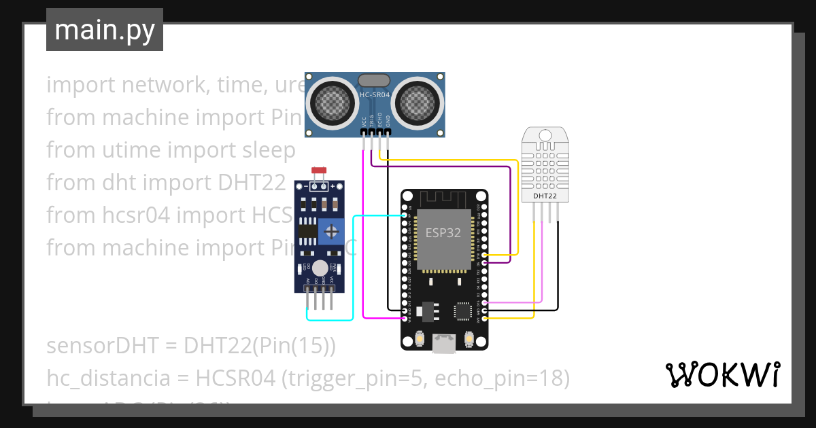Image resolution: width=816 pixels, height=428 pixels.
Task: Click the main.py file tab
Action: click(x=105, y=30)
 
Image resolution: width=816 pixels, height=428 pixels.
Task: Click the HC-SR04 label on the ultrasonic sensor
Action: click(x=375, y=96)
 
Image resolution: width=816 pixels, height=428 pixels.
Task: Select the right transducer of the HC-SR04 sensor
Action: click(x=417, y=103)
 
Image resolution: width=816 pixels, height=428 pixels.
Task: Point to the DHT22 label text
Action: click(x=545, y=196)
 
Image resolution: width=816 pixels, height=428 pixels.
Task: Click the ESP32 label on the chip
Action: click(x=443, y=232)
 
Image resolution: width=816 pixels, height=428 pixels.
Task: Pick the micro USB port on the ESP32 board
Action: click(x=444, y=344)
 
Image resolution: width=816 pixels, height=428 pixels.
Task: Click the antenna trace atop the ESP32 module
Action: click(x=443, y=199)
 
